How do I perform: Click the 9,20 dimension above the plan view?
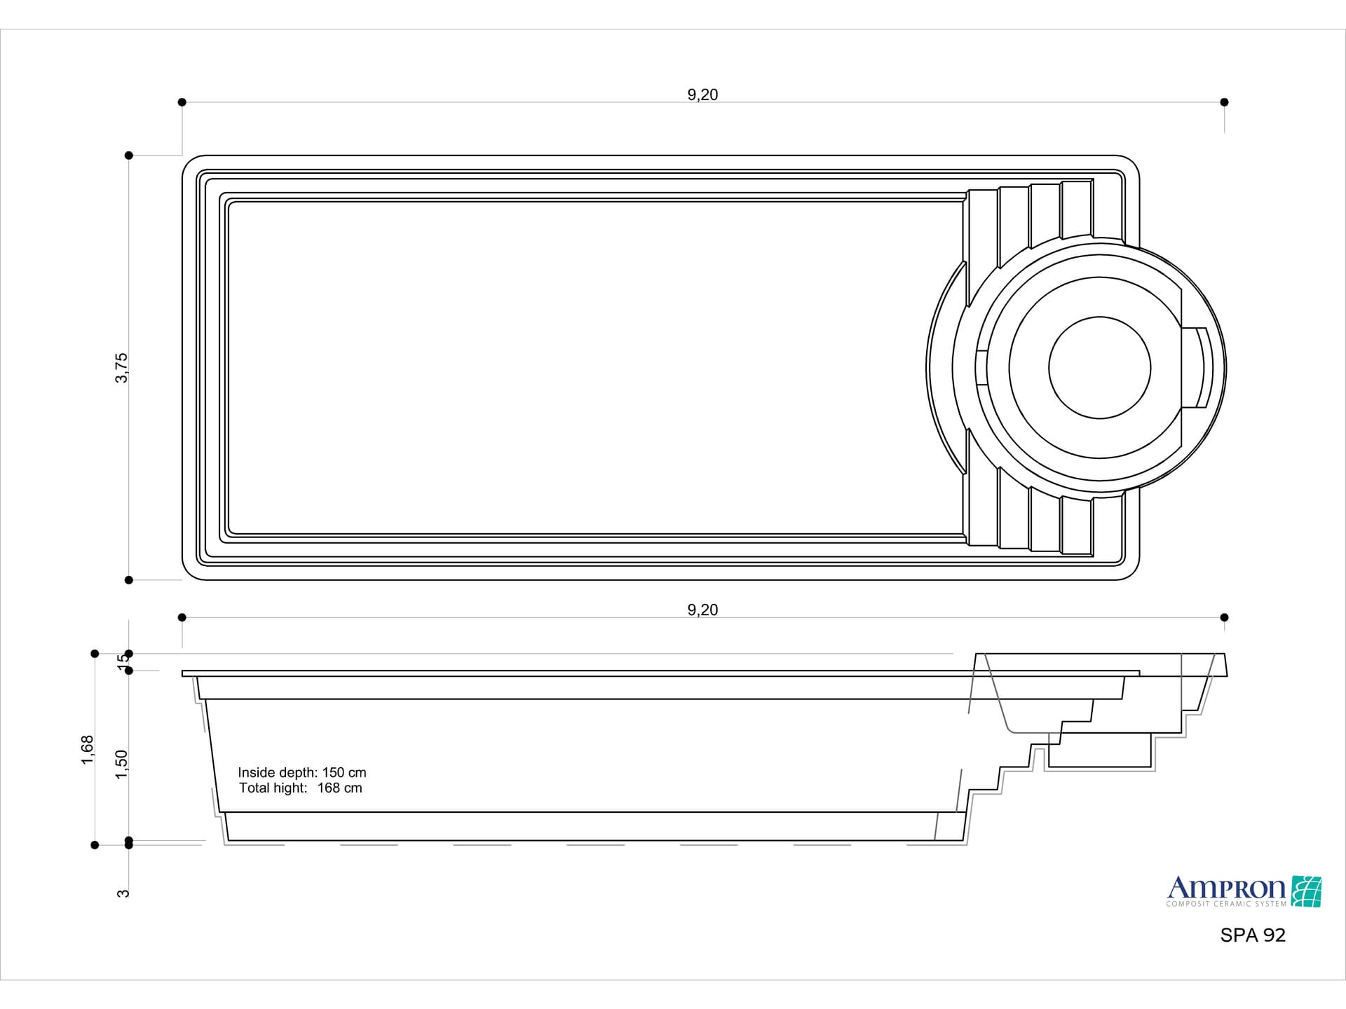702,95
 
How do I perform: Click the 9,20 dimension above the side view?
702,610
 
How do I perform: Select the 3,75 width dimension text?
121,368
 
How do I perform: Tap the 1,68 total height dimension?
87,750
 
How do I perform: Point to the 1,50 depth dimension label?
122,764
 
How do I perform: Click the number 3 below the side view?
123,893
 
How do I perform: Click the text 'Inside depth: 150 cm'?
302,772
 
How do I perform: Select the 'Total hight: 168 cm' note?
301,788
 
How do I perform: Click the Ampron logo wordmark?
1226,888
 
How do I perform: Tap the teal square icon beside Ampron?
1306,891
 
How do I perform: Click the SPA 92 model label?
1253,935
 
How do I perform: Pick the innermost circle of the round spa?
1099,368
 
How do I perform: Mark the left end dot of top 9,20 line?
182,102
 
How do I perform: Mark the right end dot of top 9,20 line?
1224,102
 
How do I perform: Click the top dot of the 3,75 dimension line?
129,156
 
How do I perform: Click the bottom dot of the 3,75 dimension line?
129,580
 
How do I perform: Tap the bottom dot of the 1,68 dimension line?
95,845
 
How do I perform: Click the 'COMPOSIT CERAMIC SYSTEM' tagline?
1226,904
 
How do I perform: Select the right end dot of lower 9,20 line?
1224,617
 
